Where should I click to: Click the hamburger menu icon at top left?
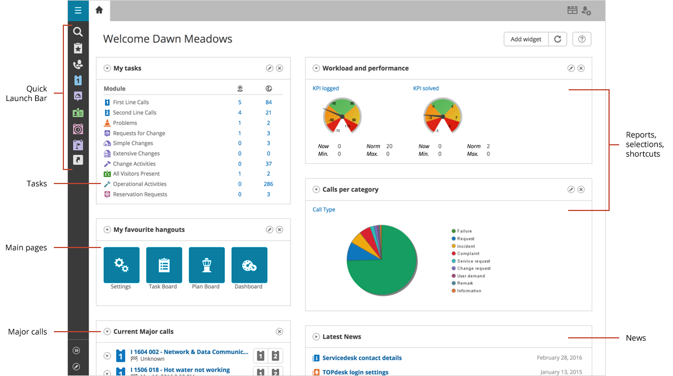[78, 11]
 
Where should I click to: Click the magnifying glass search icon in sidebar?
[78, 33]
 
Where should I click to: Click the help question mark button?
[582, 39]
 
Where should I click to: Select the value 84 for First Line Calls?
[269, 102]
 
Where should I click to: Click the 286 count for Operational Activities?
[268, 184]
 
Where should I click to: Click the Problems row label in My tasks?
[125, 123]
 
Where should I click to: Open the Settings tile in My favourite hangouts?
[121, 265]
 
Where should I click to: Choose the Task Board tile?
[164, 265]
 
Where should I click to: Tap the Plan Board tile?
[206, 265]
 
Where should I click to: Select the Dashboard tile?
[249, 265]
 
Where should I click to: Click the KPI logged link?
[325, 88]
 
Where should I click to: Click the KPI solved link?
[426, 88]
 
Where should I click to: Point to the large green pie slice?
[387, 269]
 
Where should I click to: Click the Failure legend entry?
[464, 231]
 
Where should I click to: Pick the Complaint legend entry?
[468, 254]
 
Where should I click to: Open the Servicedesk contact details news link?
[362, 358]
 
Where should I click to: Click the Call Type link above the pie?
[324, 210]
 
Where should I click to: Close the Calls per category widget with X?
[581, 190]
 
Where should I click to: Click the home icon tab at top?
[99, 10]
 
